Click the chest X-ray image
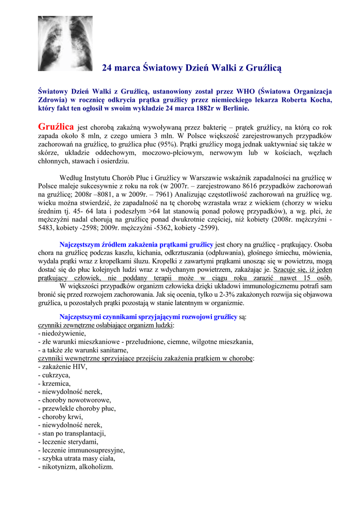click(x=65, y=43)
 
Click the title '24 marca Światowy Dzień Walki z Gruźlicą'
click(x=191, y=67)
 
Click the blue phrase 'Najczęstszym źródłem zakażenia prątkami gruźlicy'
click(x=136, y=245)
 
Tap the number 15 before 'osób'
click(x=309, y=278)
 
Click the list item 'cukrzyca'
click(x=54, y=375)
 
